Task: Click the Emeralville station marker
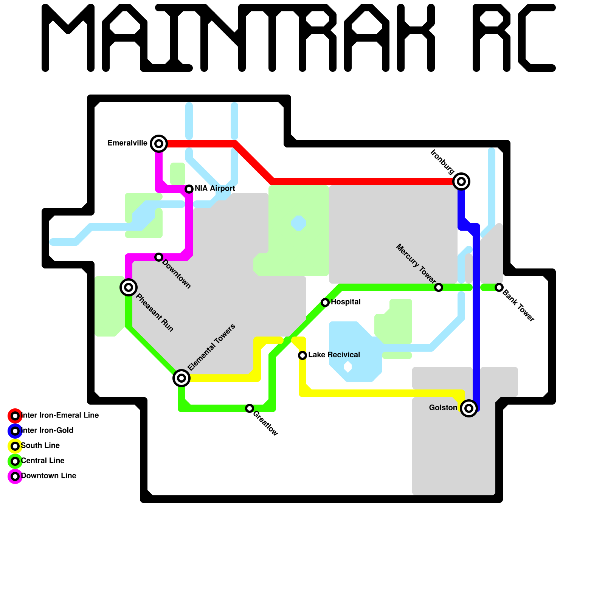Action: coord(159,144)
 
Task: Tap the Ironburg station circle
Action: coord(461,181)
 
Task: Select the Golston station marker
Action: coord(469,408)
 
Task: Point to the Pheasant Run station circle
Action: coord(129,287)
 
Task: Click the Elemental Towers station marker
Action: coord(181,378)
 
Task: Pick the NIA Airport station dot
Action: coord(189,189)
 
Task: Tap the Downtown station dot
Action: coord(159,257)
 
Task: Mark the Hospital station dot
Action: coord(325,302)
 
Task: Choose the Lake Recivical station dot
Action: coord(302,355)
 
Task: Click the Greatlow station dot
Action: coord(250,408)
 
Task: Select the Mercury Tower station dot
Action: coord(439,287)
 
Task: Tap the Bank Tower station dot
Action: coord(499,287)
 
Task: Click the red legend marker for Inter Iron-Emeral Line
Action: coord(15,416)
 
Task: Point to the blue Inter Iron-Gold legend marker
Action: coord(15,431)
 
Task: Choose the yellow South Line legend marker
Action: coord(15,446)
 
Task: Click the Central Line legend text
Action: coord(43,461)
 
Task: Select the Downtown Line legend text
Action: coord(49,476)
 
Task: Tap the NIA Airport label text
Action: coord(215,188)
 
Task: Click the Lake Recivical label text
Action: coord(334,355)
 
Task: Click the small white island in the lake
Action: coord(348,366)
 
